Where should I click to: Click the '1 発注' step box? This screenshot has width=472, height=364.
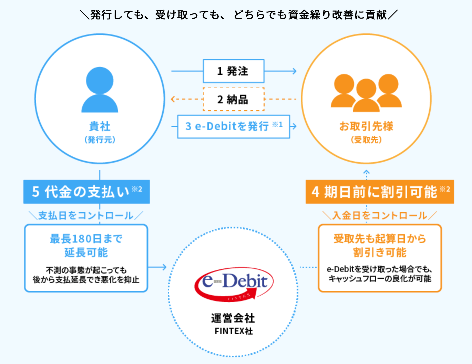point(233,71)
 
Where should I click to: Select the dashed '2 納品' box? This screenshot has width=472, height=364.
point(233,99)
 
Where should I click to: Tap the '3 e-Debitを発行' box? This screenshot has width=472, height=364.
point(233,126)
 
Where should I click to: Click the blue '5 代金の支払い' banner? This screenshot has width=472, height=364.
point(86,192)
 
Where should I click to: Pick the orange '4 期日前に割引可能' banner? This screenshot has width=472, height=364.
point(379,192)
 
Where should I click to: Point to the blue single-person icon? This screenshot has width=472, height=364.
point(100,89)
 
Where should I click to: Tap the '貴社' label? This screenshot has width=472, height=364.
point(100,126)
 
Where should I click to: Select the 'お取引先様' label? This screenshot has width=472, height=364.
point(366,126)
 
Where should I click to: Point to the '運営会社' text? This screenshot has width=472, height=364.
point(233,318)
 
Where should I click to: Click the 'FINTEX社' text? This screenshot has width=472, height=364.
point(233,331)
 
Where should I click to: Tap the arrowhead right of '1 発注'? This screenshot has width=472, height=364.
point(294,71)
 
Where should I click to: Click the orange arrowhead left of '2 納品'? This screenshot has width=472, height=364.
point(173,99)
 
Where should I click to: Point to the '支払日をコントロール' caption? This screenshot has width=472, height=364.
point(86,216)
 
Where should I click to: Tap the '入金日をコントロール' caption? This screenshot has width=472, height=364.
point(379,216)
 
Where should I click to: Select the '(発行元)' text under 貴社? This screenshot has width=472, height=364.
point(100,140)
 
